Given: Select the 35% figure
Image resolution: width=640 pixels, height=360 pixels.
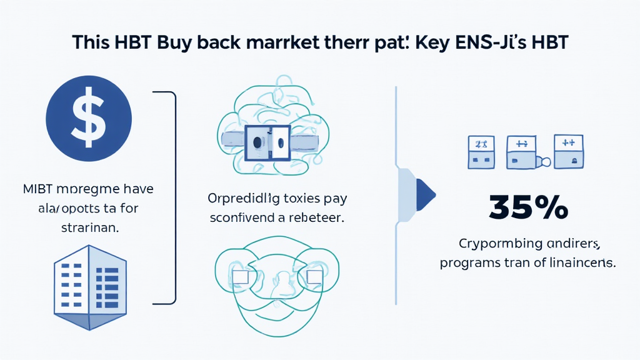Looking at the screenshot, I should tap(528, 207).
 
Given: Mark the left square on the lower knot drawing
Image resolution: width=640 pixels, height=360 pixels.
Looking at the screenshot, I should tap(241, 276).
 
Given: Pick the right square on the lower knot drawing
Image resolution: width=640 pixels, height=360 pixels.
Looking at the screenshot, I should tap(314, 276).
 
